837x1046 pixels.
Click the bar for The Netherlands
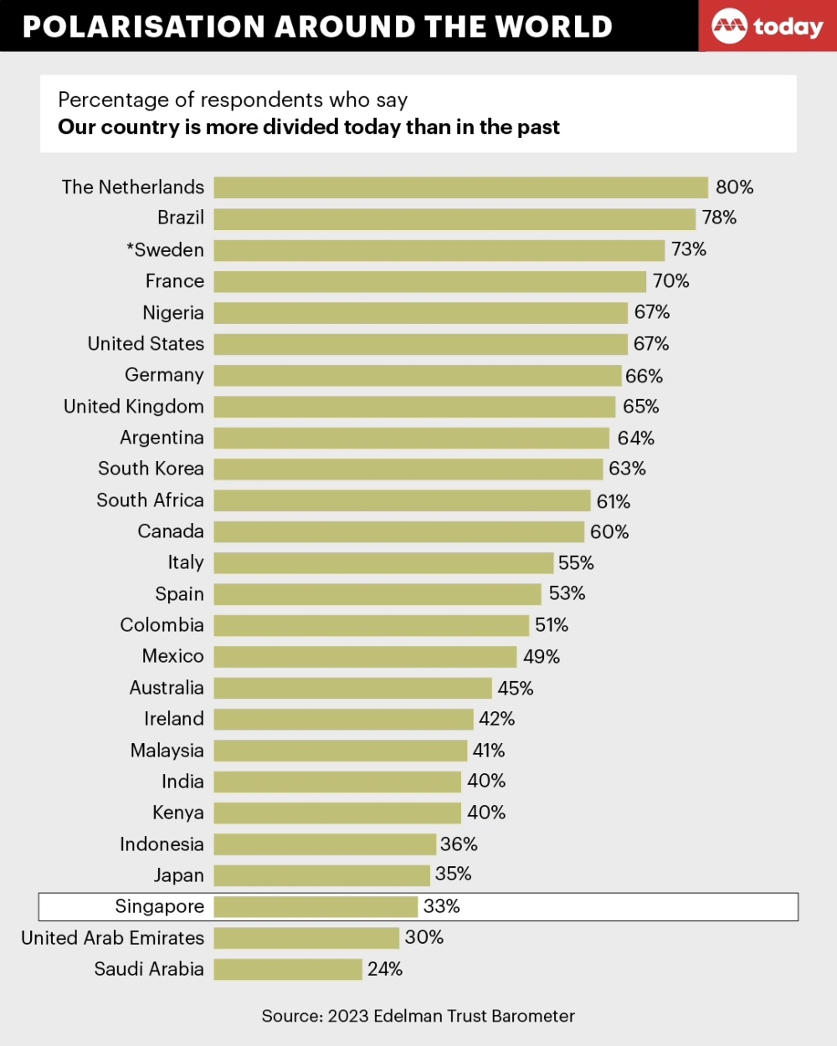(x=460, y=187)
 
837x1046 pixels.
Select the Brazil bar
(x=454, y=218)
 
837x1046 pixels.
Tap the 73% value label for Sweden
(x=688, y=249)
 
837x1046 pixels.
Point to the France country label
(x=174, y=281)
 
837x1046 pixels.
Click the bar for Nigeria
(x=420, y=313)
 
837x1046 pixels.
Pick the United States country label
(x=146, y=344)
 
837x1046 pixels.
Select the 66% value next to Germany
(x=644, y=376)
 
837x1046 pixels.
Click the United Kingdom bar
(x=414, y=407)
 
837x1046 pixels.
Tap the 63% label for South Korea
(x=627, y=469)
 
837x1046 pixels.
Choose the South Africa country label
(x=150, y=500)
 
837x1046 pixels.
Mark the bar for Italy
(x=383, y=563)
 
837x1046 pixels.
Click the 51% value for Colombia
(x=552, y=625)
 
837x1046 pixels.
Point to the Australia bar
(x=352, y=688)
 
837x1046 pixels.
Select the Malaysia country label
(x=167, y=751)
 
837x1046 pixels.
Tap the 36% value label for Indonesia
(x=459, y=844)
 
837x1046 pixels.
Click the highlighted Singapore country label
(x=159, y=907)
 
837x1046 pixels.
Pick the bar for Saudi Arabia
(x=288, y=969)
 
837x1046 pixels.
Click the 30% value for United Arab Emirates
(x=424, y=937)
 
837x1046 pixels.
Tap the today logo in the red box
(x=768, y=27)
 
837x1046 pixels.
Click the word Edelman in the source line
(x=408, y=1016)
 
